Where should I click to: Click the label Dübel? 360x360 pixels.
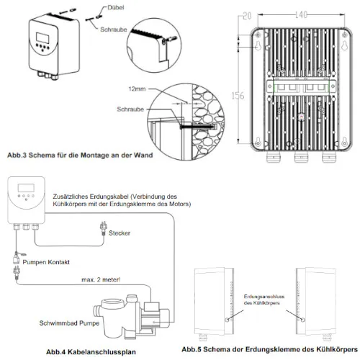116,7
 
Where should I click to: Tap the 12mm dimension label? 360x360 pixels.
137,89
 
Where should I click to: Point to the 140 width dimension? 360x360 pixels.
301,15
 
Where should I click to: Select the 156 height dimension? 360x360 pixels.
238,96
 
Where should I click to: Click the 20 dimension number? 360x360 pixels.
247,16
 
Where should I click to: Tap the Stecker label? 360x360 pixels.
120,233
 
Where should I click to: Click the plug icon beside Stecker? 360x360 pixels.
104,228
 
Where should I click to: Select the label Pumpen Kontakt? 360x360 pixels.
46,262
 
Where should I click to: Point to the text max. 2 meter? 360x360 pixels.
101,280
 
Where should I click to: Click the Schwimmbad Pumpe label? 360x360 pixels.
69,323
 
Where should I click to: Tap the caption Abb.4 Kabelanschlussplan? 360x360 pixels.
91,352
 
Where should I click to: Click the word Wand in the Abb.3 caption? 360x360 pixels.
143,155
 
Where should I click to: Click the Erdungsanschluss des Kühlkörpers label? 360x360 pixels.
264,300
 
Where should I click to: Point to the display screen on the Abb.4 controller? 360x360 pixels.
26,188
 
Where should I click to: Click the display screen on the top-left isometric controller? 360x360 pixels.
42,38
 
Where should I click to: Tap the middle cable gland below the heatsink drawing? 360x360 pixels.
301,156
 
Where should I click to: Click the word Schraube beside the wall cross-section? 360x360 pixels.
130,109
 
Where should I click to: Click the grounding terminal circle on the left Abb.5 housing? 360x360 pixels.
227,320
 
